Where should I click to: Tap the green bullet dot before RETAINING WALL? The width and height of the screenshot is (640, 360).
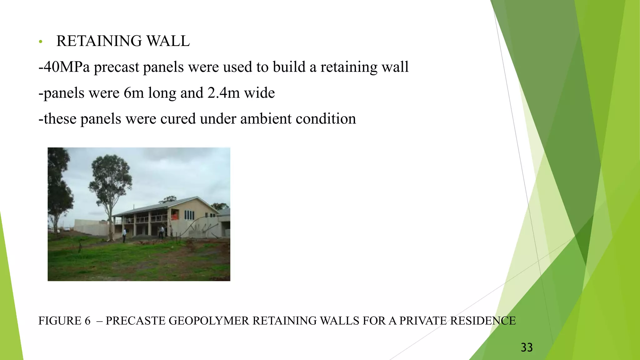tap(40, 42)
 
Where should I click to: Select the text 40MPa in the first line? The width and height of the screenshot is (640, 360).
tap(66, 67)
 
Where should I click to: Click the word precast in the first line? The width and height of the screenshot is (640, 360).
tap(116, 67)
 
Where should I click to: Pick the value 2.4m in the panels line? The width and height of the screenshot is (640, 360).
tap(223, 93)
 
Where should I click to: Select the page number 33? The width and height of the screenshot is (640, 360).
tap(527, 347)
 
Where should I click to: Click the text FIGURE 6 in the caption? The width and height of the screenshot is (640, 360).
tap(64, 321)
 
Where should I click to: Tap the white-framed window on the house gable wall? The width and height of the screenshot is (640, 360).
tap(189, 215)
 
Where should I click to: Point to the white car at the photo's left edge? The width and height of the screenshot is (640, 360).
tap(66, 229)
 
